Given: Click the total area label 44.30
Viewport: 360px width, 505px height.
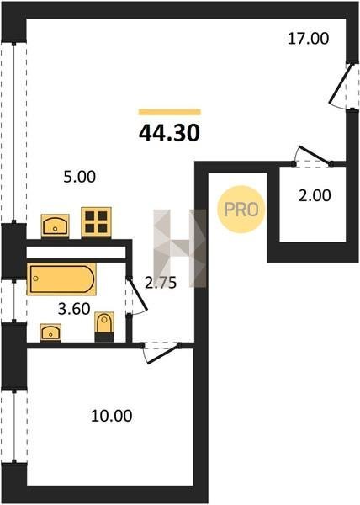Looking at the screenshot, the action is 169,133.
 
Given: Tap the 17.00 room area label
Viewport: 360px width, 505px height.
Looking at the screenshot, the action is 308,39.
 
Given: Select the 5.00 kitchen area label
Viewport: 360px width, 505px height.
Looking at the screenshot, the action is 79,177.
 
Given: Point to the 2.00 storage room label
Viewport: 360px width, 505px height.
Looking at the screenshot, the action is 315,195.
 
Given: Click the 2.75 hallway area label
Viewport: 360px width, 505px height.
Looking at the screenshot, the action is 161,283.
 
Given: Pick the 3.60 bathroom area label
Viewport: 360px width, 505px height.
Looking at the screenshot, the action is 74,309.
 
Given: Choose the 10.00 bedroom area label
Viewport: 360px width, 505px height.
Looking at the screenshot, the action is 111,416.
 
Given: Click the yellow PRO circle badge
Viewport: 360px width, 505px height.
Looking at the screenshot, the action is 241,210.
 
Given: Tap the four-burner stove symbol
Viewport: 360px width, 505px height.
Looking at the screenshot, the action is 96,222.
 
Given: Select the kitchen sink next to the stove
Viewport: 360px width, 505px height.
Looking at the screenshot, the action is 55,226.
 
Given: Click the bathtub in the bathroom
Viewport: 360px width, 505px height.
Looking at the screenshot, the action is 61,279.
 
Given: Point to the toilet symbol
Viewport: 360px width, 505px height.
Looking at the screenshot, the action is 104,327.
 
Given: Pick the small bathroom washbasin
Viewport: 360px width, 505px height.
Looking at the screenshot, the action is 50,332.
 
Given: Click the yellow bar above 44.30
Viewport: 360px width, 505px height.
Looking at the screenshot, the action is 170,112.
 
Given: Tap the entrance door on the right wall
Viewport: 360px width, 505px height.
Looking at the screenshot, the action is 341,85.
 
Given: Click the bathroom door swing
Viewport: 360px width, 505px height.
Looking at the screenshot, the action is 137,295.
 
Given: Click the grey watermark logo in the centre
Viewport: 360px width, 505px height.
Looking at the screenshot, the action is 180,248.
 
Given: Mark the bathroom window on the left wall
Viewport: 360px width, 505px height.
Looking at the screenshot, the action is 13,300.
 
